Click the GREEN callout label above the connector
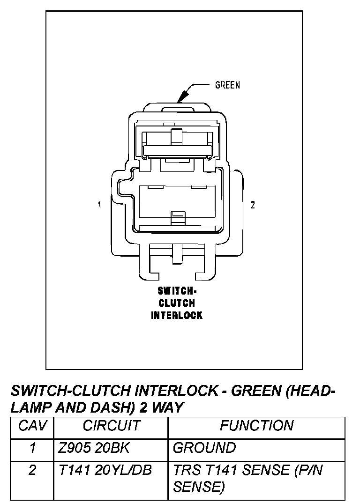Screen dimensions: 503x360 coord(227,85)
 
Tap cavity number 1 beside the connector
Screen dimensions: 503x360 coord(100,205)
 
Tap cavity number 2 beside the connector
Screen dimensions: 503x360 coord(253,205)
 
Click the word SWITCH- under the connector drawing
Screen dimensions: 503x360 coord(177,291)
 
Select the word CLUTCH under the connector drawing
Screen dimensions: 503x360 coord(177,303)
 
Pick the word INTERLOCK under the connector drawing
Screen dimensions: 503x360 coord(177,315)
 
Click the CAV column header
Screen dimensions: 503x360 coord(32,426)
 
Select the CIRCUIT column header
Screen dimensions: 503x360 coord(111,426)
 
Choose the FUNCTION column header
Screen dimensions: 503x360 coord(256,426)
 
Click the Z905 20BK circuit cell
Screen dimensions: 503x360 coord(94,448)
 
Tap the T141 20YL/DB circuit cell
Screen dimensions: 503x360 coord(105,470)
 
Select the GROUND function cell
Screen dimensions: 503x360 coord(204,448)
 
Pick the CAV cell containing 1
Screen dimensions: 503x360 coord(32,448)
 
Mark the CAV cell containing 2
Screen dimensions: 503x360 coord(32,470)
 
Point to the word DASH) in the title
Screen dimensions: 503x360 coord(114,407)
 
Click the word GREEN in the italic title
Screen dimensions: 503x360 coord(255,390)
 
